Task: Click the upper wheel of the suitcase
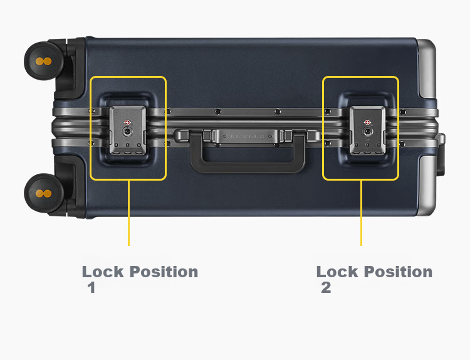point(44,61)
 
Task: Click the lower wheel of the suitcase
point(44,193)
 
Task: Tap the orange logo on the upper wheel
point(44,61)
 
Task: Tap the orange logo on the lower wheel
point(44,194)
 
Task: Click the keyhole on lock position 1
point(127,131)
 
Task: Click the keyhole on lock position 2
point(367,131)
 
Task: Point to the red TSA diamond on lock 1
point(127,122)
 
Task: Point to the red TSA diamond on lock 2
point(367,122)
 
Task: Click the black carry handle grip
point(248,167)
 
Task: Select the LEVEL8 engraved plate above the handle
point(248,136)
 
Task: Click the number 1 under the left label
point(91,287)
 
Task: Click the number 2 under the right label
point(326,287)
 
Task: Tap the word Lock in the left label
point(103,272)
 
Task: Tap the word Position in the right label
point(398,272)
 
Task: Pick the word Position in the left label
point(164,272)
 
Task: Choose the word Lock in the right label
point(337,272)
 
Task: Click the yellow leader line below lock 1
point(128,213)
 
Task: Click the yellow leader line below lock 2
point(361,213)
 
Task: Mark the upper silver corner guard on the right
point(427,69)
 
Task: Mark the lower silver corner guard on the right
point(427,186)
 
